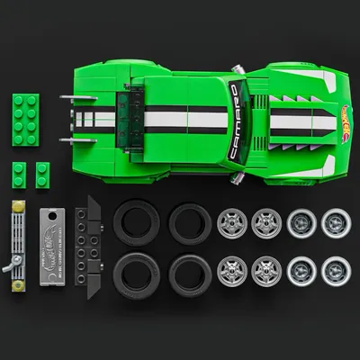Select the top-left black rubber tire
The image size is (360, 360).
pyautogui.click(x=133, y=220)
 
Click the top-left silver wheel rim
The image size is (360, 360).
pyautogui.click(x=231, y=221)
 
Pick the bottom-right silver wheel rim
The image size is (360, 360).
pyautogui.click(x=337, y=268)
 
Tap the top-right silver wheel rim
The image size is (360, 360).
pyautogui.click(x=337, y=221)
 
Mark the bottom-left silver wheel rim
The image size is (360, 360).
pyautogui.click(x=231, y=268)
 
